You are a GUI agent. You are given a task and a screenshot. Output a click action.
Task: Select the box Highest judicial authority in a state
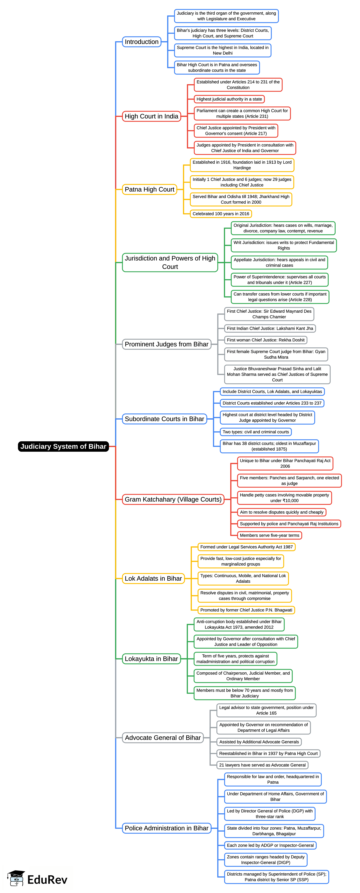229,99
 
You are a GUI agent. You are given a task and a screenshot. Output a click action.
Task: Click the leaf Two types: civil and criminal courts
256,432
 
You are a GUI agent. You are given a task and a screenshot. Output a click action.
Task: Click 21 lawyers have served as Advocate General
262,765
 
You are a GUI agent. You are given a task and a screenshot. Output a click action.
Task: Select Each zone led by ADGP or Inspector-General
270,845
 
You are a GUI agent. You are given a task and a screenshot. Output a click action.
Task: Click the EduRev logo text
47,880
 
